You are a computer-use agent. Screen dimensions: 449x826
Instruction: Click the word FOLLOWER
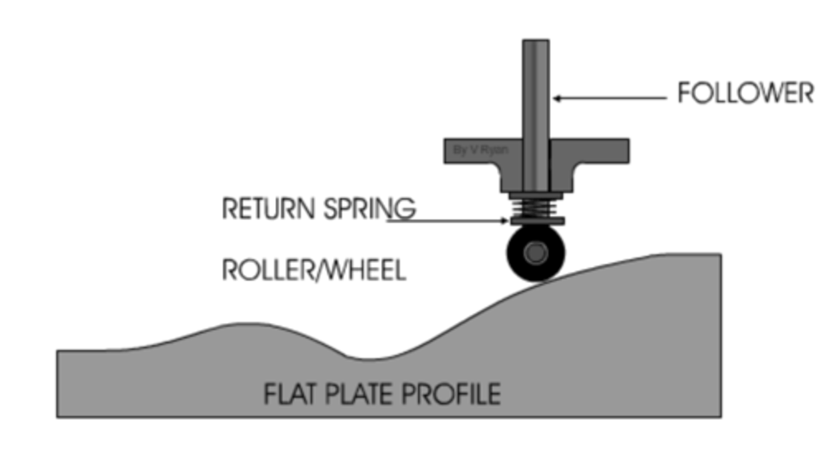click(x=745, y=93)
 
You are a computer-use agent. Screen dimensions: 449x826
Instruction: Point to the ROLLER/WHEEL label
click(x=314, y=270)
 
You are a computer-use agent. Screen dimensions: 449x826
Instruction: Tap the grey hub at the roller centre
click(x=536, y=253)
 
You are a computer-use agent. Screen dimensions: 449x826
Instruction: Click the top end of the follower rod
click(x=536, y=44)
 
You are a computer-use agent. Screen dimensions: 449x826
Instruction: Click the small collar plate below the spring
click(x=536, y=221)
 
